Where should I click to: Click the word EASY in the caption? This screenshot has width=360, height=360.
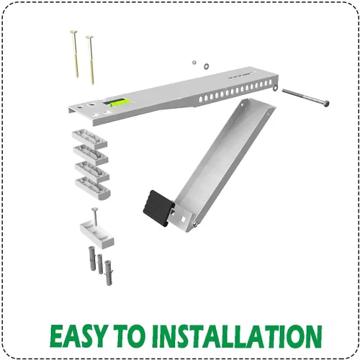[78, 336]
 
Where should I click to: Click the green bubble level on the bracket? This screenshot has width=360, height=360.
[120, 103]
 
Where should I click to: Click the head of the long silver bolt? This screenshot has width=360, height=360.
[325, 104]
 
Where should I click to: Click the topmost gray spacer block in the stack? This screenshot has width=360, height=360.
[90, 138]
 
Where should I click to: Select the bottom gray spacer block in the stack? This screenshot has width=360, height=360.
[93, 188]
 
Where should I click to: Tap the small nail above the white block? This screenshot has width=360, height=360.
[95, 217]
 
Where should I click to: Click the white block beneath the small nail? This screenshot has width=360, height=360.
[97, 235]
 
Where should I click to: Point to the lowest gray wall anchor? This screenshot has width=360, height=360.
[109, 273]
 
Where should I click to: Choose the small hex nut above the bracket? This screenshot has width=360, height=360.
[194, 63]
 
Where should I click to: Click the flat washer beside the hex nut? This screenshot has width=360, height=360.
[206, 66]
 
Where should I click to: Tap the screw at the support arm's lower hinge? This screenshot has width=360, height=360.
[195, 225]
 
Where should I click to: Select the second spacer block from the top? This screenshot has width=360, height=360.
[91, 155]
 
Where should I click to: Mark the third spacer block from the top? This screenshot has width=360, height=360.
[92, 171]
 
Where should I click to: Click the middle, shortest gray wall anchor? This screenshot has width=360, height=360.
[100, 264]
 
